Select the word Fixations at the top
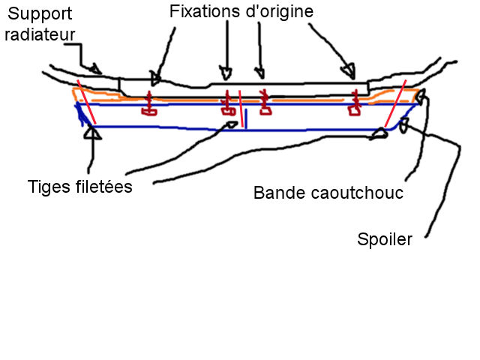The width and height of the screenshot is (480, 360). pyautogui.click(x=202, y=12)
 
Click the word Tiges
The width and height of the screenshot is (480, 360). pyautogui.click(x=46, y=186)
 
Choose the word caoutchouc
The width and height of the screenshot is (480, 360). pyautogui.click(x=355, y=193)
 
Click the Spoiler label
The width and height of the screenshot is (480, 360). pyautogui.click(x=384, y=241)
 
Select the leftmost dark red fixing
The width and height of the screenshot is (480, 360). pyautogui.click(x=148, y=106)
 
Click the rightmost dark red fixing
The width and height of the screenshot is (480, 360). pyautogui.click(x=353, y=106)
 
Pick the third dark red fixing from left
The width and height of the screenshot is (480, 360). pyautogui.click(x=264, y=103)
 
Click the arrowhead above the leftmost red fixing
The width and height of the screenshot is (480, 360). pyautogui.click(x=155, y=76)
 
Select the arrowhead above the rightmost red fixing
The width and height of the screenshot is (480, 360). pyautogui.click(x=348, y=72)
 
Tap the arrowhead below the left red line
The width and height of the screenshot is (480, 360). pyautogui.click(x=93, y=133)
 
